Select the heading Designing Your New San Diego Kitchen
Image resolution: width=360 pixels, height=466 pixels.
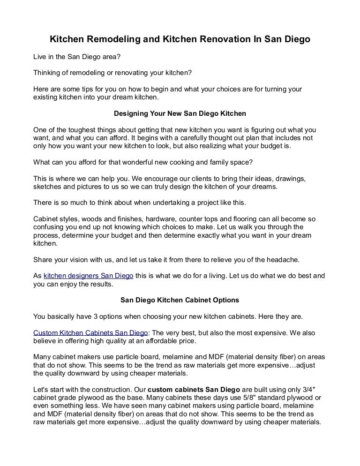point(180,113)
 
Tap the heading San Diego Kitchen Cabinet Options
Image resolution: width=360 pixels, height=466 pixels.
point(180,300)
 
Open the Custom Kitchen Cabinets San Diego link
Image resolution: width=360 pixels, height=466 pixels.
point(90,332)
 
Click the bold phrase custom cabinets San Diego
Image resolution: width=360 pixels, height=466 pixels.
point(194,390)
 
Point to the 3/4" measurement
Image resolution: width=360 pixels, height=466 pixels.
point(317,390)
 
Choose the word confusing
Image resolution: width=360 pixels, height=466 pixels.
point(49,227)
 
